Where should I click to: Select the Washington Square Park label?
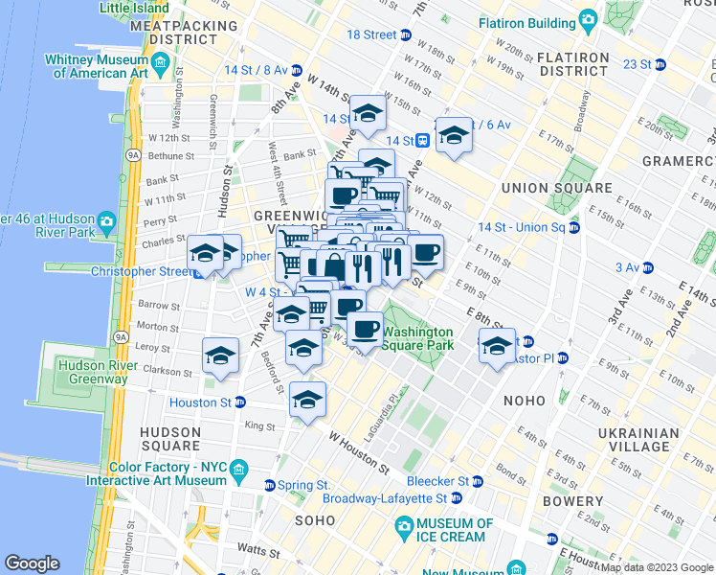[417, 338]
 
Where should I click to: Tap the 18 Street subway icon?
[406, 34]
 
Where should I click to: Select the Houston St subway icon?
[240, 402]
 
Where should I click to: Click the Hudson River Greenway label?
[93, 371]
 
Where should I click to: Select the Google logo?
[32, 563]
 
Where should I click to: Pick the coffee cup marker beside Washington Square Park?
[365, 330]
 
